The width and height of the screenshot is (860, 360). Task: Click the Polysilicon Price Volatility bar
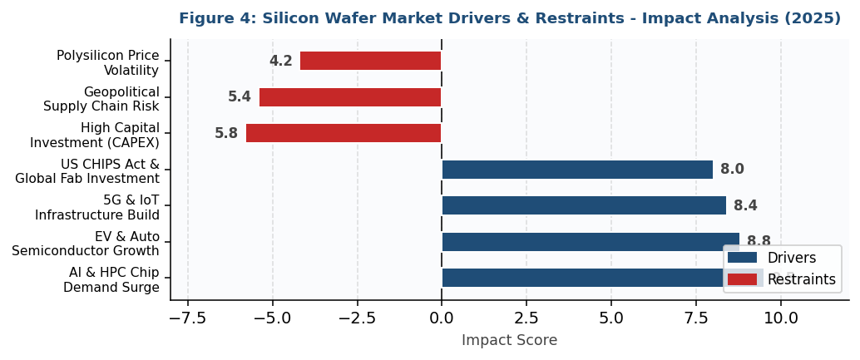point(370,61)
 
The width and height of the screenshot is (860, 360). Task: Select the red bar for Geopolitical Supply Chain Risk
point(350,97)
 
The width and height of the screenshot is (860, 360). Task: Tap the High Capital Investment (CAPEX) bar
point(344,133)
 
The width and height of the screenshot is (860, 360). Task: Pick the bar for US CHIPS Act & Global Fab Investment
point(577,170)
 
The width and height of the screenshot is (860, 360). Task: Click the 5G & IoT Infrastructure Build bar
point(584,205)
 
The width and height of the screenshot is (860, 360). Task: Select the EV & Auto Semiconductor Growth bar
point(591,242)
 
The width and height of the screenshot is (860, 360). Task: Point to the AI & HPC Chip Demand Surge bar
point(582,278)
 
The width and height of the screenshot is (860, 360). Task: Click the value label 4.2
point(280,62)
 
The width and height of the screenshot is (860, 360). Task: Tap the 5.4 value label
point(240,97)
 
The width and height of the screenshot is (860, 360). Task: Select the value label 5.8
point(226,134)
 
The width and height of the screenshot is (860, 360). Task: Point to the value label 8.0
point(732,170)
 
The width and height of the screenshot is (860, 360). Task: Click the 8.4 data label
point(745,206)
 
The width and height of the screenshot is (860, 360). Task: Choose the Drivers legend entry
point(781,258)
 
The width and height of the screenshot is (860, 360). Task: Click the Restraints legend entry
point(781,279)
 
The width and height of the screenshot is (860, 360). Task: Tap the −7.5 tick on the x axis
point(188,318)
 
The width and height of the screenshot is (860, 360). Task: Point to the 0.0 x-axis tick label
point(442,318)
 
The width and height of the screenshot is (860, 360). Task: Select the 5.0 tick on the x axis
point(611,318)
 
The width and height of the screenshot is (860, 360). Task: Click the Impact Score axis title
point(509,341)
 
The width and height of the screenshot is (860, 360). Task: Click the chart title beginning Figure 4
point(509,18)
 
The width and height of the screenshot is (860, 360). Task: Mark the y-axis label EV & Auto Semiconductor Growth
point(86,244)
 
